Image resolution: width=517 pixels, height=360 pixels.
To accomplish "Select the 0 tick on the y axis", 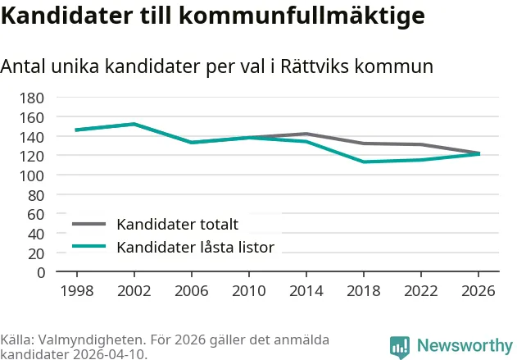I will click(40, 272).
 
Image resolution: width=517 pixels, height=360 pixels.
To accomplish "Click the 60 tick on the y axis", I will click(36, 214).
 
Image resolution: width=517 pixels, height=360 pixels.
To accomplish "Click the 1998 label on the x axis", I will click(76, 291).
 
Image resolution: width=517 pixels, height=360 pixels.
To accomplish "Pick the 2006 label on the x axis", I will click(191, 291).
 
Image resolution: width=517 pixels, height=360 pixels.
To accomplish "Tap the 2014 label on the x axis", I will click(306, 291).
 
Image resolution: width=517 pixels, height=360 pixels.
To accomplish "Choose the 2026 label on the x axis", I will click(478, 291).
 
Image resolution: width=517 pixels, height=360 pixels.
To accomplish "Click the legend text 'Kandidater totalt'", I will click(177, 225).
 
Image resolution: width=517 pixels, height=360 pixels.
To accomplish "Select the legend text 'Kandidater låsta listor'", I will click(195, 247).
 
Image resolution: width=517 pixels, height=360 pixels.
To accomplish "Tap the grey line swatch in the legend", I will click(89, 224).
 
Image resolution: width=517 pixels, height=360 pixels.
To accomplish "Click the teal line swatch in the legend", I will click(89, 246).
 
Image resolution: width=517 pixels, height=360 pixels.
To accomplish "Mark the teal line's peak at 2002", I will click(134, 124).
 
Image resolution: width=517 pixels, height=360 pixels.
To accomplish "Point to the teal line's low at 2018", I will click(363, 162).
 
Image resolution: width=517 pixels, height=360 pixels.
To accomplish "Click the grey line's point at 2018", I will click(363, 144).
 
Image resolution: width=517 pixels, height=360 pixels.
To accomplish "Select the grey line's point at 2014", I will click(306, 134).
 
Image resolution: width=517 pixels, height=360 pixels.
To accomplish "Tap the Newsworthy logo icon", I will click(400, 346).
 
